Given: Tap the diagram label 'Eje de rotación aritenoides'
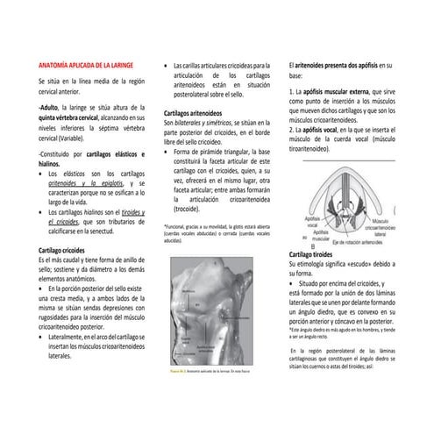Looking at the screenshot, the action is pos(351,240).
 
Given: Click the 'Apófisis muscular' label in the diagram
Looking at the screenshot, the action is pos(321,234).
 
